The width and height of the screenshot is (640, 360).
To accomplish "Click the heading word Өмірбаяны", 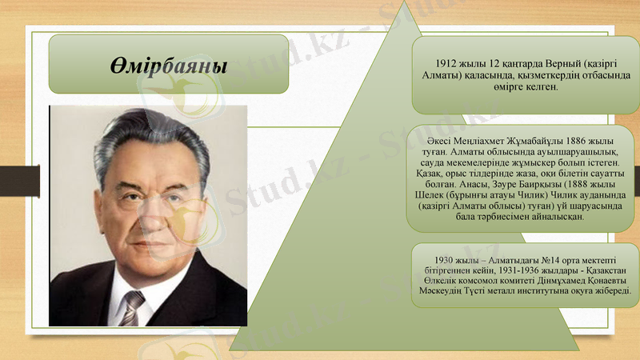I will tap(167, 64).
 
